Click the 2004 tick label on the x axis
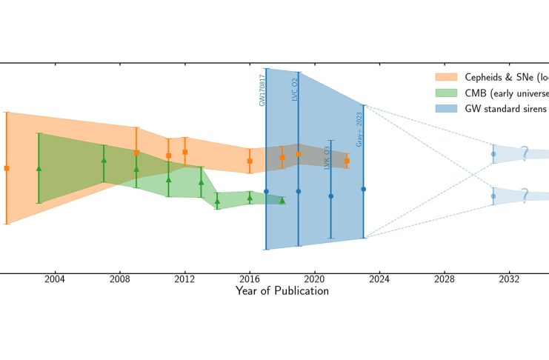[x=54, y=279]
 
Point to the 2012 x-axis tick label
[x=184, y=279]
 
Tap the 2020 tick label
[x=315, y=279]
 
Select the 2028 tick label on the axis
[x=445, y=279]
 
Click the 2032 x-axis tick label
[x=509, y=279]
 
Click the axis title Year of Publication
[x=282, y=291]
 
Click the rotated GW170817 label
[x=262, y=90]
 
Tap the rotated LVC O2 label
[x=294, y=90]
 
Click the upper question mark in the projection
[x=524, y=153]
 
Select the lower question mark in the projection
[x=524, y=196]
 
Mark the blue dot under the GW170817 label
[x=266, y=191]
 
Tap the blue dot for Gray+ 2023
[x=363, y=190]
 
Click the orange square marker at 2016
[x=250, y=161]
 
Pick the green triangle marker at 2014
[x=217, y=201]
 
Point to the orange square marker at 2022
[x=347, y=161]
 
